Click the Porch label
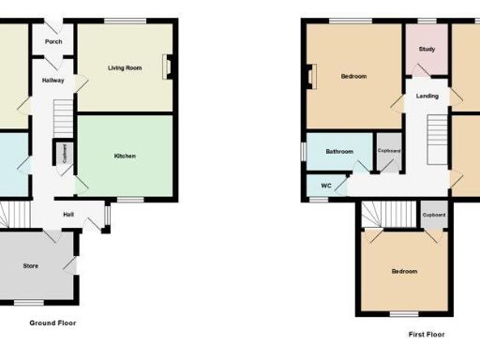52,41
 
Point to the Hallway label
52,81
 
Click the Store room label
31,266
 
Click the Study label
427,49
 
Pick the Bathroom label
339,152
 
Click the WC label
325,186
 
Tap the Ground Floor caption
52,322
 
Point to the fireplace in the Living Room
168,67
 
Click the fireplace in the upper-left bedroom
313,76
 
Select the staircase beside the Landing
437,136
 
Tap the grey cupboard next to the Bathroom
389,156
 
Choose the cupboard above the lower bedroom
433,216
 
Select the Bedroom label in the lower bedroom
404,272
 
